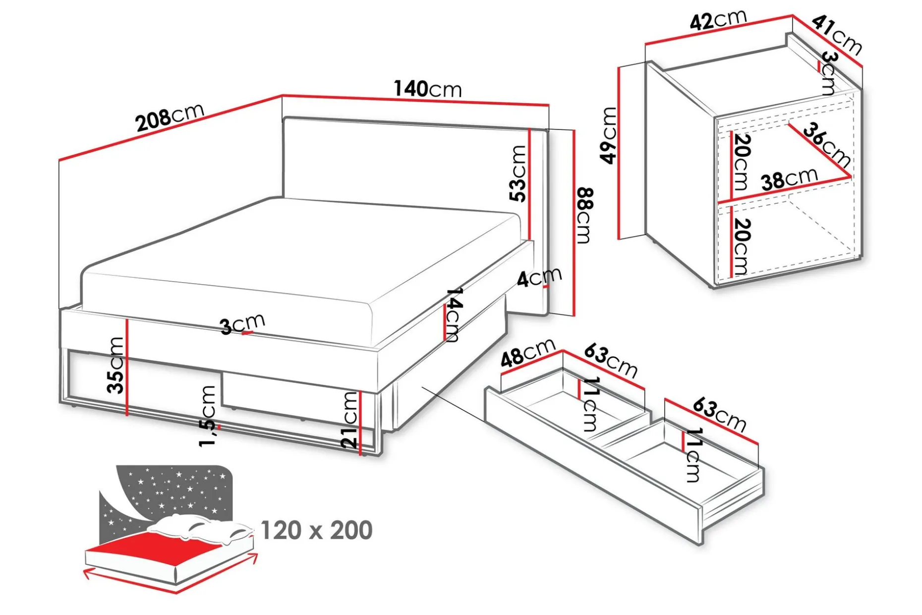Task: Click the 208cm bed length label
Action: coord(170,117)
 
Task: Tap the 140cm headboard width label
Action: coord(428,89)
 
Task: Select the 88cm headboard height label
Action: coord(585,216)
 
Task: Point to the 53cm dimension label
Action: coord(518,174)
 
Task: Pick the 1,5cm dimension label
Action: coord(207,416)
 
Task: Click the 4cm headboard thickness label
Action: coord(539,277)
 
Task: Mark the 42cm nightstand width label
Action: coord(718,20)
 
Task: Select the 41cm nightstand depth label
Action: coord(837,35)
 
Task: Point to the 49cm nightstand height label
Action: coord(609,135)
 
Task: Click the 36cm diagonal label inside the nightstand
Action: coord(826,145)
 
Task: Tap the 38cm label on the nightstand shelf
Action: coord(790,179)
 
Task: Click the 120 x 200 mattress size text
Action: coord(316,530)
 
